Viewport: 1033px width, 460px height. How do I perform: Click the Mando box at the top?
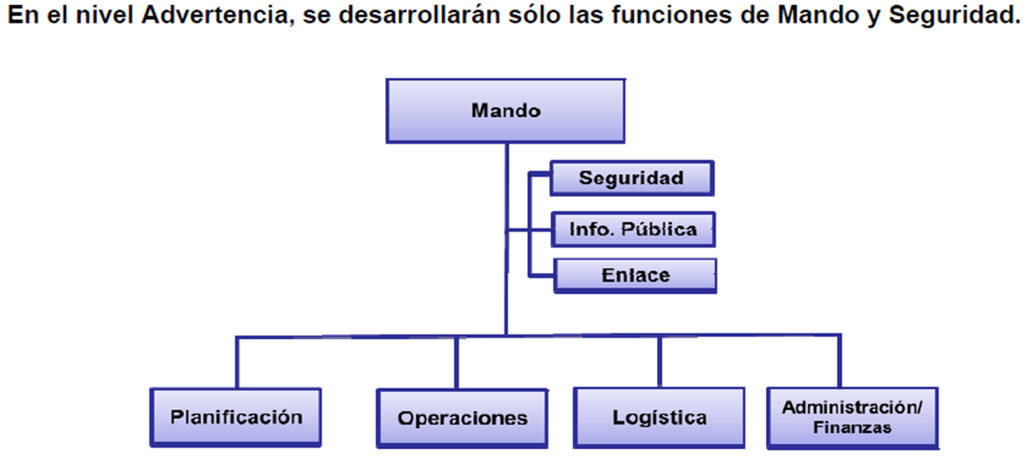506,111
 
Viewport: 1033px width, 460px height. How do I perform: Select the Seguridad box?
632,178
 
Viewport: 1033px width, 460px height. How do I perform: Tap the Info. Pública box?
633,229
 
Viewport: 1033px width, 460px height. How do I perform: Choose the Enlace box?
635,276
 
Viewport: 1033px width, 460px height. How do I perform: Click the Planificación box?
236,417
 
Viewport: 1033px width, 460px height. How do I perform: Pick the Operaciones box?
462,418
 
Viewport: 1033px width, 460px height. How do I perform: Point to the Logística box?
659,418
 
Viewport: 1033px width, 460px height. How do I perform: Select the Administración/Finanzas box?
852,418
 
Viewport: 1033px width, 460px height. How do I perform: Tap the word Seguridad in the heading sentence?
954,15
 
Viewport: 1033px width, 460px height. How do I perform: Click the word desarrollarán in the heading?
419,15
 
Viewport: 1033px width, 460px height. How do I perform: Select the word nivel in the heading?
106,15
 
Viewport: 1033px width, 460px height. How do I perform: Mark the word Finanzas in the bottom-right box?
852,427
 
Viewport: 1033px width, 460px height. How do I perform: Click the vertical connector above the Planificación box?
237,362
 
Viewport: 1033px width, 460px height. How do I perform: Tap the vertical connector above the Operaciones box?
457,363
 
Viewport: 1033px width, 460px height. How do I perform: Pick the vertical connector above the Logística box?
659,362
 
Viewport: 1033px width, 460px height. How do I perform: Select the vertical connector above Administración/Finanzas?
840,362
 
